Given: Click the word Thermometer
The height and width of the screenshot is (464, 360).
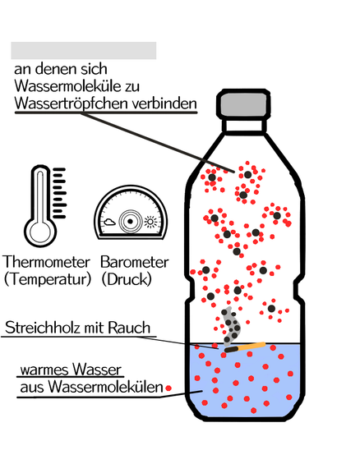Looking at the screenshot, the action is (x=46, y=262).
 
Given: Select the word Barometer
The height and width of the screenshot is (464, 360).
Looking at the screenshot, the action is (x=135, y=262).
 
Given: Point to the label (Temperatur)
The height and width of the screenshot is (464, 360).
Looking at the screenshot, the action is (x=48, y=279).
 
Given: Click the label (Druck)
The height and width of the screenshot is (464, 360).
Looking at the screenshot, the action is (x=127, y=279).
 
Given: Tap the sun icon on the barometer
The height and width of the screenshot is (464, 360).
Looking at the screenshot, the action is (x=150, y=222).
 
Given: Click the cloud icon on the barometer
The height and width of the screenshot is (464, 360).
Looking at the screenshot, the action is (x=109, y=222).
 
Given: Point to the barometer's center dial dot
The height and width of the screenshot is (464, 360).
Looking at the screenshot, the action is (x=130, y=221).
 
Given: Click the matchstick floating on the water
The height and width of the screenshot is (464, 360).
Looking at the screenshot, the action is (x=245, y=347).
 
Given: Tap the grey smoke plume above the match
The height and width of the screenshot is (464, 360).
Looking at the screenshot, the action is (x=231, y=326).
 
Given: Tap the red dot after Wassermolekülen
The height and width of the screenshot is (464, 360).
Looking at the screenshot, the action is (x=168, y=388).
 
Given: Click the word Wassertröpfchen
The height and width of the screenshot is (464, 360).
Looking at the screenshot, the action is (x=72, y=103).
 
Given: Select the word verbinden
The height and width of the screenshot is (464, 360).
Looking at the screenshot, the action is (x=164, y=103).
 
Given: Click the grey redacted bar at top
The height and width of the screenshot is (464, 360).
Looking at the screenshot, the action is (x=84, y=51).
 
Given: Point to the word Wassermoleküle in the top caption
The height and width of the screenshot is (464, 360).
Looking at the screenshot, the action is (x=67, y=86).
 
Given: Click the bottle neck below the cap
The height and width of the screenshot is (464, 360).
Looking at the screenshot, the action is (x=243, y=126).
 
